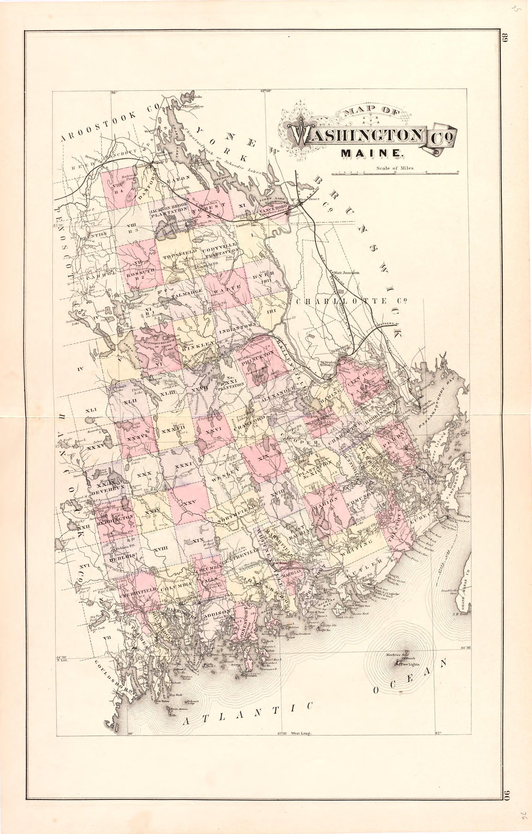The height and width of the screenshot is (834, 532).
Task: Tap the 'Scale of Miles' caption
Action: [x=395, y=169]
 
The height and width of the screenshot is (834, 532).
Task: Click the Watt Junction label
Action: [x=347, y=273]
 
